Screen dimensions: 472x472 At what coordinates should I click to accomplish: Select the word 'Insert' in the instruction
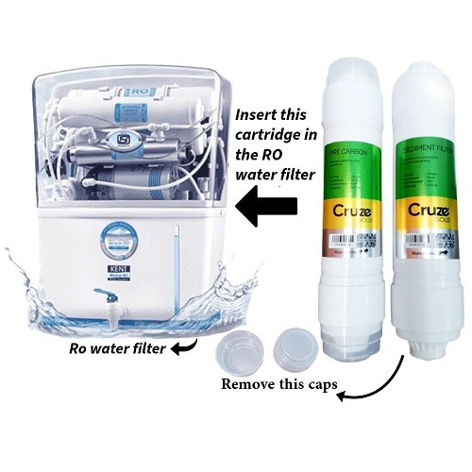click(248, 110)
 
